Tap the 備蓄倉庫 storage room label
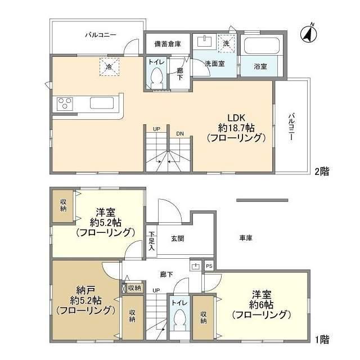coord(167,43)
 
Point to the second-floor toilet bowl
coord(157,79)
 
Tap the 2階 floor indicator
coord(321,172)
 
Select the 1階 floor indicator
coord(321,339)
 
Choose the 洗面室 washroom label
coord(214,64)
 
